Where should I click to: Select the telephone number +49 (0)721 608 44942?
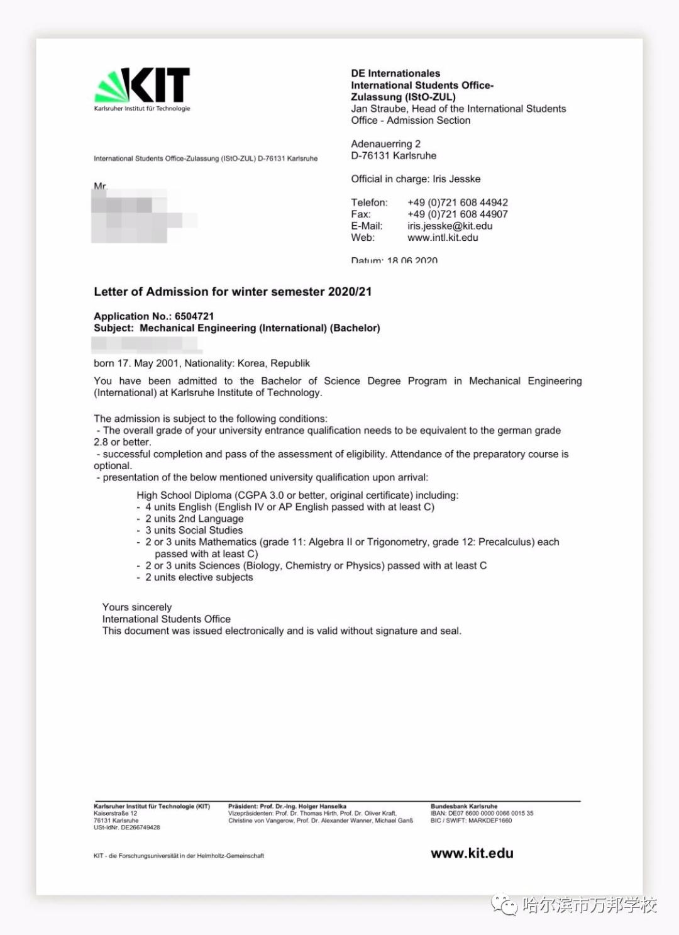click(x=457, y=202)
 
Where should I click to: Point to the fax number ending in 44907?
click(x=457, y=214)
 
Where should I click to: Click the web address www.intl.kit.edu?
click(x=443, y=238)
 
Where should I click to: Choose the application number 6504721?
click(x=194, y=316)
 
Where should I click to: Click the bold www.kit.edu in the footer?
click(x=472, y=853)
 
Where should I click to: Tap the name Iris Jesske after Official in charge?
click(x=456, y=179)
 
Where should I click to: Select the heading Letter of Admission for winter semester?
click(x=232, y=292)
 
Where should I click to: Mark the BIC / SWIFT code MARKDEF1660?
click(x=490, y=821)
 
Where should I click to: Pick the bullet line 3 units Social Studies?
click(x=194, y=530)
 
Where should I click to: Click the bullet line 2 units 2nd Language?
click(x=194, y=519)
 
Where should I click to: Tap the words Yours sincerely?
click(x=137, y=607)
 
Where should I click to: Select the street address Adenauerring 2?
click(x=385, y=144)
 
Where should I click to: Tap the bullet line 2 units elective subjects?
click(x=199, y=577)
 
